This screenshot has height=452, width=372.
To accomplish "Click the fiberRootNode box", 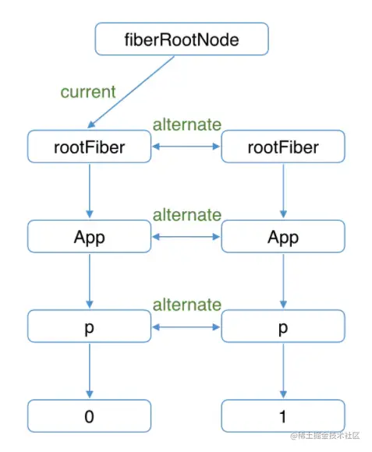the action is click(x=182, y=39).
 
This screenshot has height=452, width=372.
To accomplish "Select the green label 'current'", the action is click(x=88, y=92).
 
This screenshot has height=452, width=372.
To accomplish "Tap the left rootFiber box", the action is click(x=90, y=147).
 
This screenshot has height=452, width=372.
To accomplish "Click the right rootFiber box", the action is click(x=283, y=147).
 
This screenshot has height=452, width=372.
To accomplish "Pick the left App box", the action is click(x=90, y=236).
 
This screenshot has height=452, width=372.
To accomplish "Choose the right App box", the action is click(x=283, y=236).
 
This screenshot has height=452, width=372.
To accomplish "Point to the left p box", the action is click(x=90, y=326).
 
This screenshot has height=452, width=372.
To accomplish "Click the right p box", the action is click(x=283, y=326).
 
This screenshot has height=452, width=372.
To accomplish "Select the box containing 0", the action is click(x=90, y=416).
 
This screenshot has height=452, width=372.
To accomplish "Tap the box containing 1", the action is click(x=283, y=416).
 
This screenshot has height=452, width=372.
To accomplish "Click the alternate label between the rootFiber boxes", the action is click(x=187, y=125).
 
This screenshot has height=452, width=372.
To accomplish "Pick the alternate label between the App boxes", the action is click(x=187, y=215).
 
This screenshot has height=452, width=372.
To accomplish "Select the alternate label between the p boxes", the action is click(x=187, y=305).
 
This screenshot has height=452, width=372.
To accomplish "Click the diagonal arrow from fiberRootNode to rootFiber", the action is click(x=131, y=92).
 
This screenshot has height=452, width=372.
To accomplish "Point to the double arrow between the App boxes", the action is click(x=186, y=237).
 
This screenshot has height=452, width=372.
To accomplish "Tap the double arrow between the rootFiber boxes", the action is click(x=186, y=147).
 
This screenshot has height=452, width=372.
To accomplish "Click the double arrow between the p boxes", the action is click(x=186, y=327).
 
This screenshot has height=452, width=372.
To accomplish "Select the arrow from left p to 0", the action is click(x=90, y=371).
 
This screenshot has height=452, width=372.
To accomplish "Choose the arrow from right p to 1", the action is click(x=283, y=371).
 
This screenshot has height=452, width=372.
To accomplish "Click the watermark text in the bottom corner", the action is click(x=325, y=436).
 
